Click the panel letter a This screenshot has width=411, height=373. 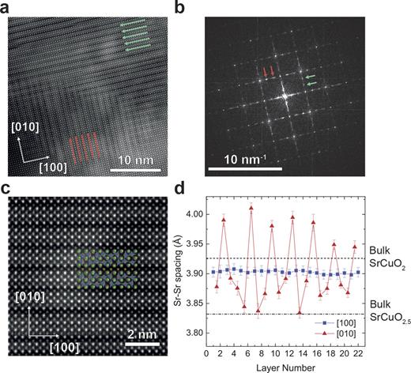click(7, 8)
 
